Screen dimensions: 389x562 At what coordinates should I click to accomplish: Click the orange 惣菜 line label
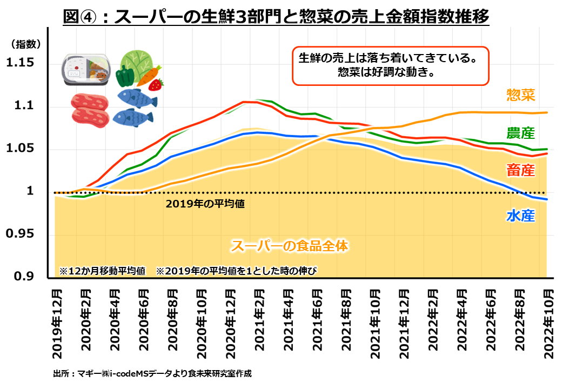[520, 96]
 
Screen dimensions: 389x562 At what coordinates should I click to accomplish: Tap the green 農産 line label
[520, 133]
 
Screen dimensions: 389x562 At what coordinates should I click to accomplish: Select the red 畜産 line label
[520, 171]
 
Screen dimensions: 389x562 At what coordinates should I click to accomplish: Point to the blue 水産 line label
[520, 216]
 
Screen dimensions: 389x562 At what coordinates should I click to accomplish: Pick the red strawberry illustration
[157, 84]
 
